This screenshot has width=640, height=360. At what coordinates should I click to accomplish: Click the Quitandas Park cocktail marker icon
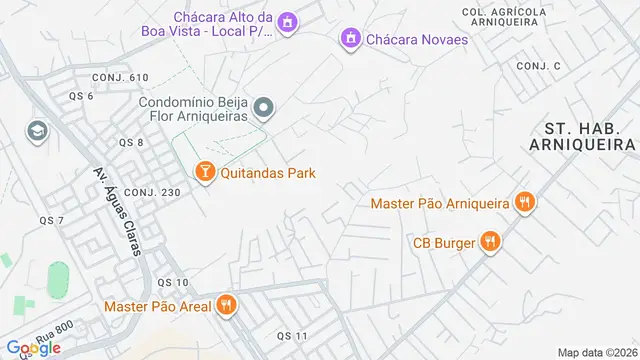tap(205, 173)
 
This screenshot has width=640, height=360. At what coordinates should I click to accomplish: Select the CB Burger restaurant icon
tap(490, 241)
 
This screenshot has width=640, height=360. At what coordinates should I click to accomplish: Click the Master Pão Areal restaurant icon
tap(227, 305)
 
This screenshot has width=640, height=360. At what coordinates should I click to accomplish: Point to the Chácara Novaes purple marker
tap(350, 39)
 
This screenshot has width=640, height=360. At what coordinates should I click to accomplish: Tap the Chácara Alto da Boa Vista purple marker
tap(288, 22)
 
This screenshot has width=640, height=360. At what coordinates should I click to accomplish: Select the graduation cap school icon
tap(38, 131)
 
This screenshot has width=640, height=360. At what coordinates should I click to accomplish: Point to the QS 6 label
tap(81, 96)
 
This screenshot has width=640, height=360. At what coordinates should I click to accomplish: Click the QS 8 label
tap(131, 143)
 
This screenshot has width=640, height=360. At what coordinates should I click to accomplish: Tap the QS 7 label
tap(52, 220)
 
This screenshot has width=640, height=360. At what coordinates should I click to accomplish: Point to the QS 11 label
tap(292, 334)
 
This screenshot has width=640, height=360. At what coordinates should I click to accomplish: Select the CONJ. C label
tap(539, 65)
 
